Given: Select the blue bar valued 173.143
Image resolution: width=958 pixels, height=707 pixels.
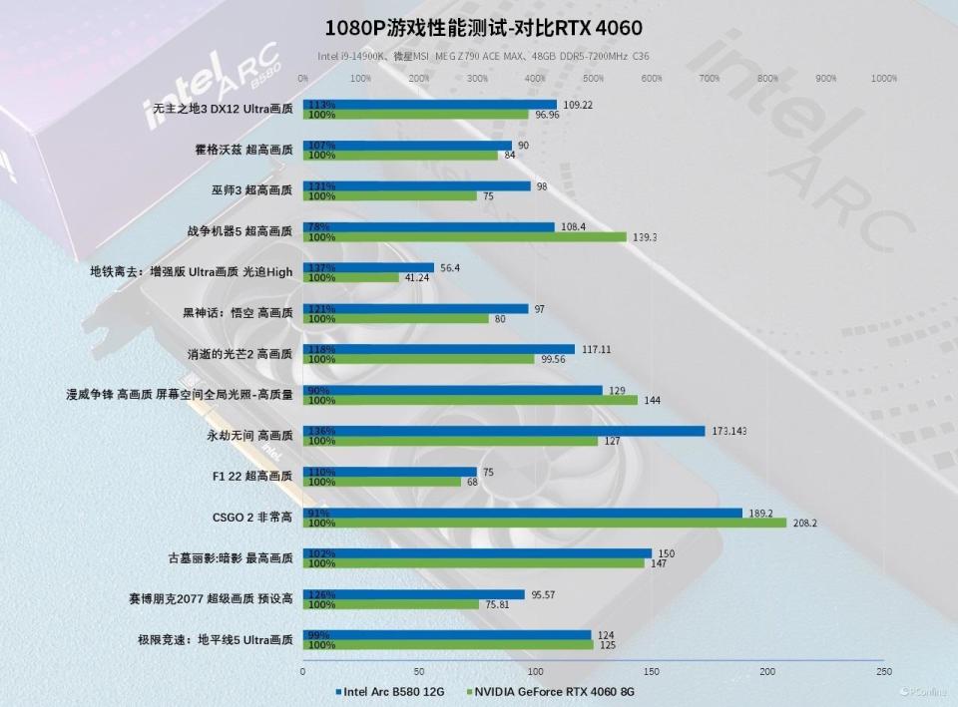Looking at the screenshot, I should coord(504,431).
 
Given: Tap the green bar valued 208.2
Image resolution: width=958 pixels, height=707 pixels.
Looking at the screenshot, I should coord(545,523).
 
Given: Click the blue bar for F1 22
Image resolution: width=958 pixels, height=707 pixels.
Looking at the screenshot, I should coord(390,472).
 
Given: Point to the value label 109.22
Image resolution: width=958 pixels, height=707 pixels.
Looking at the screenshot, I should coord(578,105).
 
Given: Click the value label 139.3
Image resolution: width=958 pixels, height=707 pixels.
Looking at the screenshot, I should coord(648,237).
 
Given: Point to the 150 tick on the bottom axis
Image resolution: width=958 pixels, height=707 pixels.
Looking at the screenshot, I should coord(651,672).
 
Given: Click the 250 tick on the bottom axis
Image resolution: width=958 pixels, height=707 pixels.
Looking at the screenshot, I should coord(883,672).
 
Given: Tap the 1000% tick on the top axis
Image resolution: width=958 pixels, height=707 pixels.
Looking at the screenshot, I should coord(883,78).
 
